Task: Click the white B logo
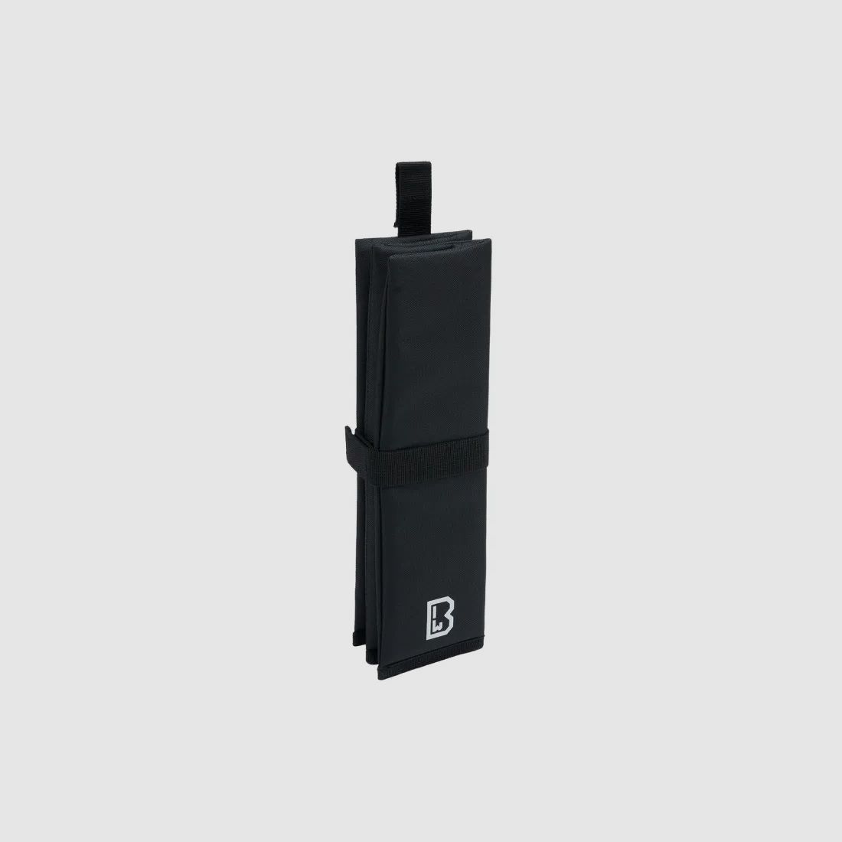(440, 619)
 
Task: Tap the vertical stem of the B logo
(429, 619)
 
